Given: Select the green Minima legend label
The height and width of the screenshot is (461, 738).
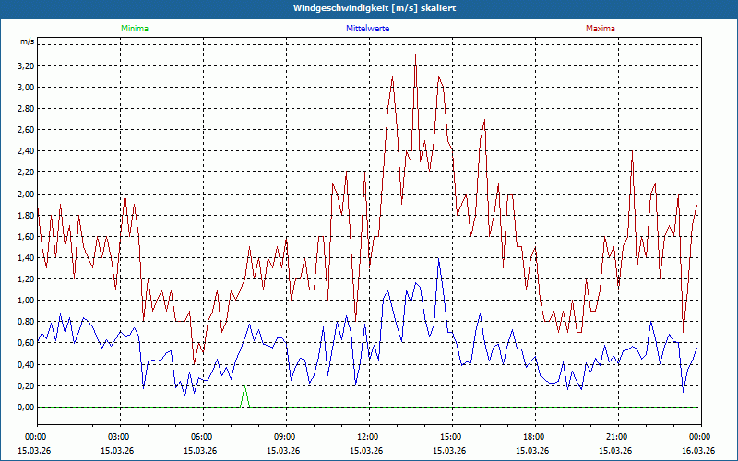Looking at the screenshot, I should [x=134, y=29].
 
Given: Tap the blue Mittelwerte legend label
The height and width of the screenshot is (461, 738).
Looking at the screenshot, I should [x=367, y=29].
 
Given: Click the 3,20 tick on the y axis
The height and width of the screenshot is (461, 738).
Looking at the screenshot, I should [x=26, y=66].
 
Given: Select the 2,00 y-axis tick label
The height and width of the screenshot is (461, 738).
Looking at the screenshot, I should [x=26, y=195].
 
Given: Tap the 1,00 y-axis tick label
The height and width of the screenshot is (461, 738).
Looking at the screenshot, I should [x=26, y=301].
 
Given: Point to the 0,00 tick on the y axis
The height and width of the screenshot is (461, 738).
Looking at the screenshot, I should [x=26, y=408].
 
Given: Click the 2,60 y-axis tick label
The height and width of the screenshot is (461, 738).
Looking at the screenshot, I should [x=26, y=130].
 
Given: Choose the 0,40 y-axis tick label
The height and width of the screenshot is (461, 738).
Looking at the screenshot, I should [x=26, y=365].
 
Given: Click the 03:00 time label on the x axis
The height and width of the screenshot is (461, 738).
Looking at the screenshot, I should [x=119, y=437].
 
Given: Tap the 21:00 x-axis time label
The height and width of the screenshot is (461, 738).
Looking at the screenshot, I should [x=616, y=437].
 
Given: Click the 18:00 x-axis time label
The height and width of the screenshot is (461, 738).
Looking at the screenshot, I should [x=533, y=437].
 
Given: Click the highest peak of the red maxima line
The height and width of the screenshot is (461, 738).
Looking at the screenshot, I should [x=416, y=56].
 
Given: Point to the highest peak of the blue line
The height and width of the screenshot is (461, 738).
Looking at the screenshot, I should [x=439, y=259].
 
